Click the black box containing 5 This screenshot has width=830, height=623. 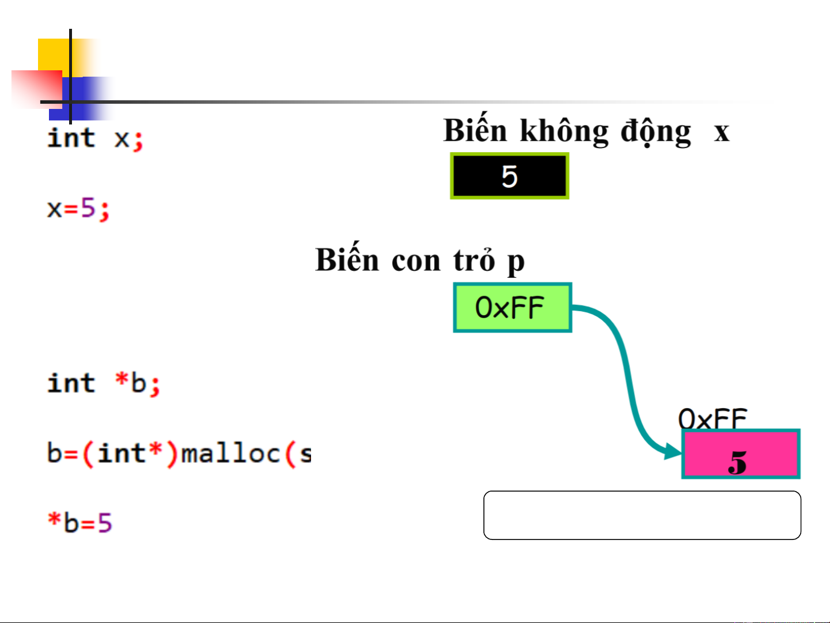(x=509, y=176)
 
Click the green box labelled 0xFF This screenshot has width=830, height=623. (x=512, y=308)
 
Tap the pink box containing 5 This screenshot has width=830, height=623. (x=741, y=454)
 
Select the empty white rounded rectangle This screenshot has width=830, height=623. (x=642, y=515)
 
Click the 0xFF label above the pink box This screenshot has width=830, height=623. (x=712, y=418)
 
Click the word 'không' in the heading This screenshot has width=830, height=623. (x=564, y=131)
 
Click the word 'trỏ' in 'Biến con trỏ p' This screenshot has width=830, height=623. (x=473, y=260)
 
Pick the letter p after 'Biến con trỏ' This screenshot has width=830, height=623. (x=516, y=263)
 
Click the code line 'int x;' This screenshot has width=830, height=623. (x=95, y=139)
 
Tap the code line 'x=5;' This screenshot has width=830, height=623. (x=78, y=209)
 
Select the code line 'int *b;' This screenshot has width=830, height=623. (x=104, y=384)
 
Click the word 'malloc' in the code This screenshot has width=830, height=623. (x=230, y=454)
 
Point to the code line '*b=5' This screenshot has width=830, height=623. (x=79, y=523)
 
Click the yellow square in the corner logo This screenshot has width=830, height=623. (x=55, y=55)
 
